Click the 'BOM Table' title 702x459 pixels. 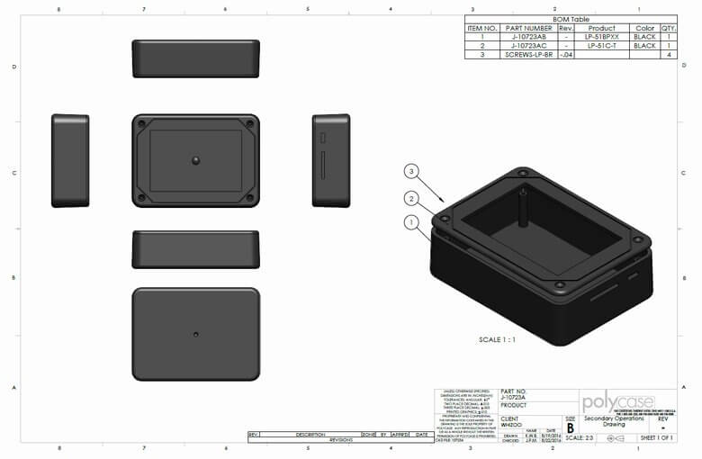(571, 19)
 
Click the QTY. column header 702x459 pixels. (668, 28)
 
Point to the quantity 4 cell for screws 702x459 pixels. (668, 55)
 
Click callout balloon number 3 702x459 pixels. (411, 171)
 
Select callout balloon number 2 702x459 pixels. (411, 198)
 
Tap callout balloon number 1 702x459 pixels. (411, 221)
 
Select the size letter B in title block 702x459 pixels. (570, 427)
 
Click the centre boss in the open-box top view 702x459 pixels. (195, 160)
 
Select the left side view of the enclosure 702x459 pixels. (70, 160)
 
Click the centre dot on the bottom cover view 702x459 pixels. (195, 334)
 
